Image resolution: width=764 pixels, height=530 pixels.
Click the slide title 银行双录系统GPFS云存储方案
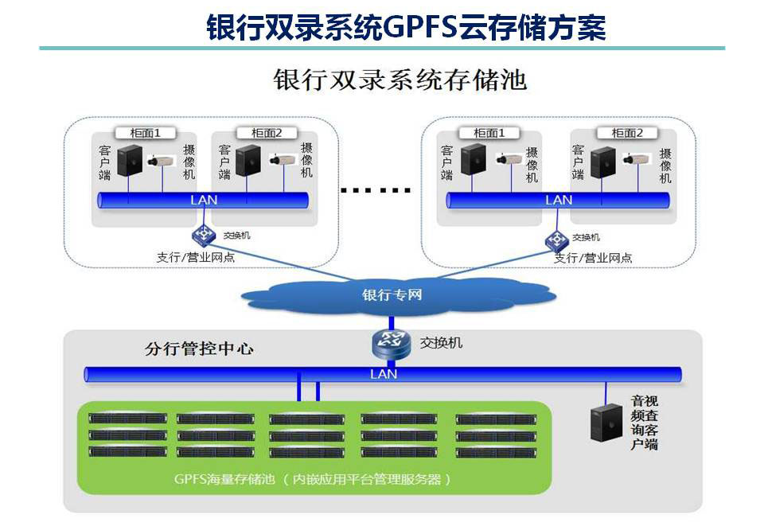pos(406,26)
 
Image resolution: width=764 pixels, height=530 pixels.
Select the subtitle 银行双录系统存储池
pos(400,80)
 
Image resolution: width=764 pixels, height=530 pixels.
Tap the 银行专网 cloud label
pos(392,295)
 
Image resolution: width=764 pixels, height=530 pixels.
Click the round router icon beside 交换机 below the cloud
pos(390,344)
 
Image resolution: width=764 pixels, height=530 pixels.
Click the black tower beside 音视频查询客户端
pos(606,422)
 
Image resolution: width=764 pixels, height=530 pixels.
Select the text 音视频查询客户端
pos(645,422)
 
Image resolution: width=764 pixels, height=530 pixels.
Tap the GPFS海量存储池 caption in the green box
pos(313,479)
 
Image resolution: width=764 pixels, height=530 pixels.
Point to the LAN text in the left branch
pos(204,201)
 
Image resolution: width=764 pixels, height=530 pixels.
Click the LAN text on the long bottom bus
pos(384,374)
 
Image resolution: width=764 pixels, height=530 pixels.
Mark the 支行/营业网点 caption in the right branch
pos(593,257)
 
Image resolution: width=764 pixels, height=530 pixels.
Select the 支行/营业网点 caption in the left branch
pos(196,257)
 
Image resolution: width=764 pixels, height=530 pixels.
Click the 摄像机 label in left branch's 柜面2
pos(306,161)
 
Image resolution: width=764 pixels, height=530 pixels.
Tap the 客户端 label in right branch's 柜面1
pos(446,162)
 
